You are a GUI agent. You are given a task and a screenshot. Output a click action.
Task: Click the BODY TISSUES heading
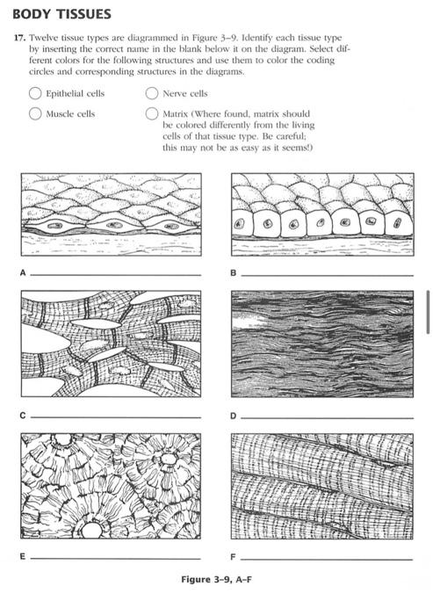62,14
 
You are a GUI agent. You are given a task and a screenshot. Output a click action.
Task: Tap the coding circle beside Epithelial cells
35,93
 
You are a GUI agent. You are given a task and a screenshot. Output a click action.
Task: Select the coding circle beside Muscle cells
35,113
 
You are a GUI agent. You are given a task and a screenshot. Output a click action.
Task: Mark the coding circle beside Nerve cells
152,93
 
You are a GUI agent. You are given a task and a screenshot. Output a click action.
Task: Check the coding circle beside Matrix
152,113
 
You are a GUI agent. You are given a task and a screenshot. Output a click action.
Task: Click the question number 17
19,38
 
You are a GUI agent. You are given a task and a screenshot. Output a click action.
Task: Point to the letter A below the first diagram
23,273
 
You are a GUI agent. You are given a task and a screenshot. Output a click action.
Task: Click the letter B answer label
234,273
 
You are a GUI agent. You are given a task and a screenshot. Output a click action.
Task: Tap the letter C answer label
23,416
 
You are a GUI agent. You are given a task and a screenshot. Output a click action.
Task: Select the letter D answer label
234,416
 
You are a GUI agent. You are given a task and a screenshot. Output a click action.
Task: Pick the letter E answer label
23,556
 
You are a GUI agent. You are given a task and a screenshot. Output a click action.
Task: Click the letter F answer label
234,556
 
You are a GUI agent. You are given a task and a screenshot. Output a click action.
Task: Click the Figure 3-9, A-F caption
216,579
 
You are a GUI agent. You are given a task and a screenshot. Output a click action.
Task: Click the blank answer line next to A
116,275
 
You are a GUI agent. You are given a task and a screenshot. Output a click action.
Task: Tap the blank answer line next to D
327,418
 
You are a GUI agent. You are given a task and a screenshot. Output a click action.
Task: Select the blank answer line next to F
327,559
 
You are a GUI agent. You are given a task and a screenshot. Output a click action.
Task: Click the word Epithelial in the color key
65,94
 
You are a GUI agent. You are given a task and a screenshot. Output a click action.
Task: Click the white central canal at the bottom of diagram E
91,530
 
